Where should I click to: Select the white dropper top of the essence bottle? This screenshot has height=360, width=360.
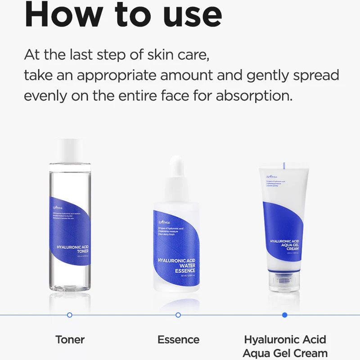[178, 173]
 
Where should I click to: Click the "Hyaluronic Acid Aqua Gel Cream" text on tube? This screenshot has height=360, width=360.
[284, 245]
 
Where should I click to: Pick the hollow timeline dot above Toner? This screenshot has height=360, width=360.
[69, 315]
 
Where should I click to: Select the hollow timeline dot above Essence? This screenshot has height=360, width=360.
[178, 315]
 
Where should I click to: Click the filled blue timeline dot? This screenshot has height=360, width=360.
[284, 315]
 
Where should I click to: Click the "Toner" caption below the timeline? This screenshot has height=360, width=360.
[70, 339]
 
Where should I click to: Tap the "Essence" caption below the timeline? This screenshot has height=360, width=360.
[178, 339]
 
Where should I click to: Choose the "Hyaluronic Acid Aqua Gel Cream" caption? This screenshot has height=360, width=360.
[285, 346]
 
